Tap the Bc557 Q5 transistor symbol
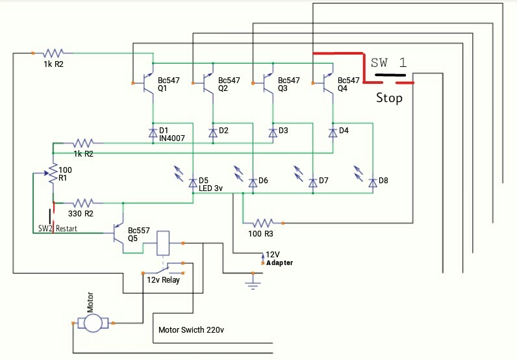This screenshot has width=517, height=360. click(x=120, y=233)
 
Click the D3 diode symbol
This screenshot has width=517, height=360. click(x=273, y=132)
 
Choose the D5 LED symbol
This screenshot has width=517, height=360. click(x=192, y=182)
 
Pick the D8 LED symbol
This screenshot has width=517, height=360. click(x=372, y=183)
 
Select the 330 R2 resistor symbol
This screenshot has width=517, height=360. click(x=84, y=202)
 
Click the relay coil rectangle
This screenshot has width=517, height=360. click(x=164, y=242)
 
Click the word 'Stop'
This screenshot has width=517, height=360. click(x=389, y=99)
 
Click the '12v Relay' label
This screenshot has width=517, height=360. click(x=163, y=280)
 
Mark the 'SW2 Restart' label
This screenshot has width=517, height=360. click(x=57, y=229)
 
